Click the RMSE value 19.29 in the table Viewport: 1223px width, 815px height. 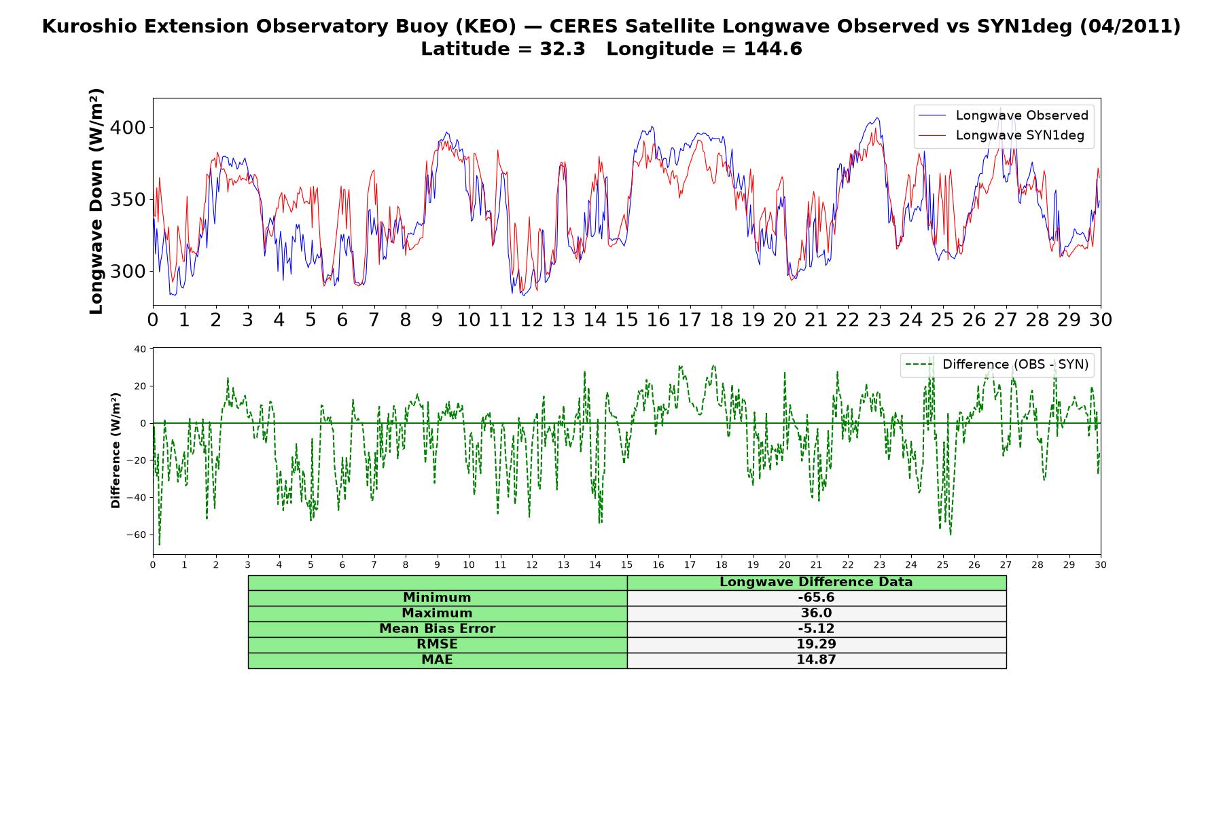click(816, 644)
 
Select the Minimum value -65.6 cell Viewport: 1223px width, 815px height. click(816, 598)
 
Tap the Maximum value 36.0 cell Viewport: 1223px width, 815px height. click(816, 613)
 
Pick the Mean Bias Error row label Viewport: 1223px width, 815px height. click(437, 629)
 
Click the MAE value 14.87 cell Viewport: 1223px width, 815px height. click(816, 659)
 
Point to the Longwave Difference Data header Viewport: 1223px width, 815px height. click(816, 582)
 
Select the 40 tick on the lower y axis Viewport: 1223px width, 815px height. click(140, 349)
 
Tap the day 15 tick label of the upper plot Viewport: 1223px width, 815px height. click(626, 320)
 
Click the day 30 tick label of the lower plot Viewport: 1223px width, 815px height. click(1101, 564)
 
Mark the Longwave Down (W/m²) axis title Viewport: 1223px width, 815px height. click(96, 201)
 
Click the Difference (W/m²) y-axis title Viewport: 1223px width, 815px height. click(116, 450)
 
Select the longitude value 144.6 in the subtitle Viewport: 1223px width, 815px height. click(773, 49)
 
